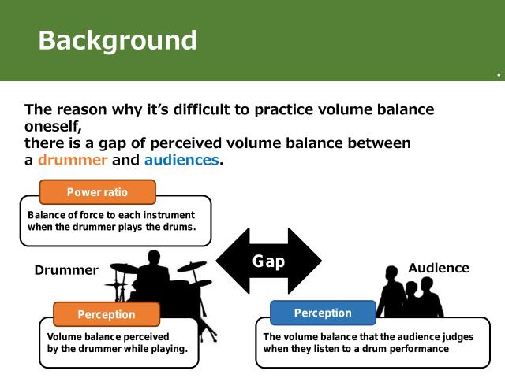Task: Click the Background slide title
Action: (118, 40)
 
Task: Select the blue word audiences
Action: (181, 160)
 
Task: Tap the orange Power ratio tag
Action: (97, 192)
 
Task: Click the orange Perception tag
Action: (106, 314)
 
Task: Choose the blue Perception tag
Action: (323, 313)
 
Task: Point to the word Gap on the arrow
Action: (268, 261)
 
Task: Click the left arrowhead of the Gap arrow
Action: (229, 261)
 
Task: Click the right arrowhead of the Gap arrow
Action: (309, 261)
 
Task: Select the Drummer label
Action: (66, 270)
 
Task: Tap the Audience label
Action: (438, 268)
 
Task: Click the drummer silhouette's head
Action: (154, 259)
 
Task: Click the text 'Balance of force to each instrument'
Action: (110, 214)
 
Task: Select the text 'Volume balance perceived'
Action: (103, 336)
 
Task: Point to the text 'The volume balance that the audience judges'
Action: (368, 336)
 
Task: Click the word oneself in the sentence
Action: (53, 126)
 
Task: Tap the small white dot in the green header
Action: (499, 76)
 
